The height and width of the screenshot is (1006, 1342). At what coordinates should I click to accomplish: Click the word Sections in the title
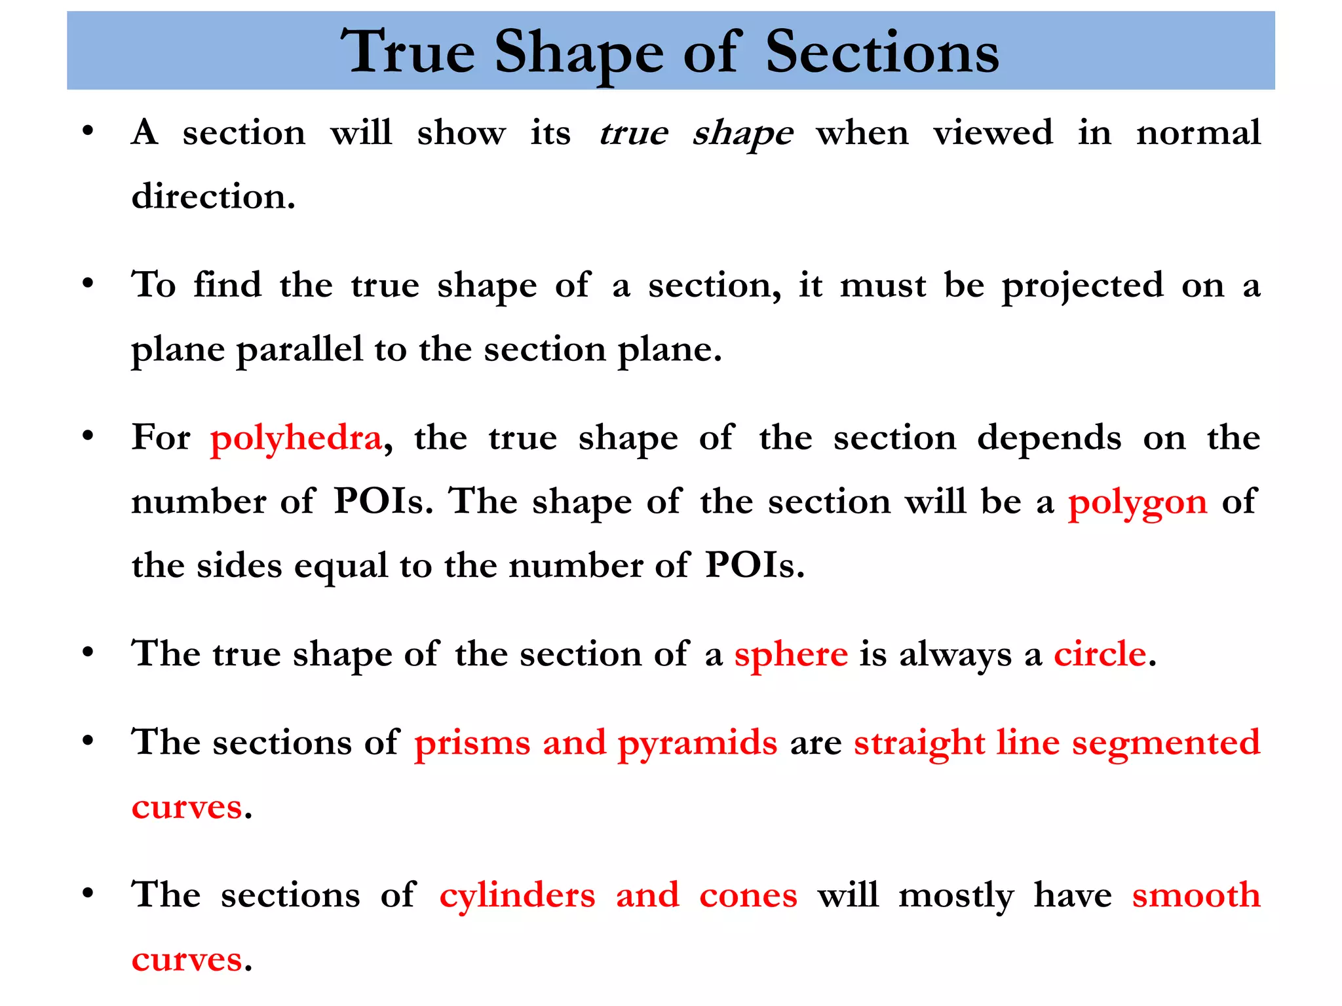882,52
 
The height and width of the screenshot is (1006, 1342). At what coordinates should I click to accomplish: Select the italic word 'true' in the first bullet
633,134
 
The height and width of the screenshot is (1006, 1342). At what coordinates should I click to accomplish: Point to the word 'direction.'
214,196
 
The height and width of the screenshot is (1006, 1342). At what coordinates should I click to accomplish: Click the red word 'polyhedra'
296,439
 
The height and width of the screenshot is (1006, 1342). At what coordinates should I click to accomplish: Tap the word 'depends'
1049,439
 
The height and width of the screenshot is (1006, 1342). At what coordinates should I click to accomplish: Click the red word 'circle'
1100,654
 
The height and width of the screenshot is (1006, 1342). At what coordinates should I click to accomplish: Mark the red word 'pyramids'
697,744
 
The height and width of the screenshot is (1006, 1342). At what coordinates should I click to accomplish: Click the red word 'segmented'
1166,744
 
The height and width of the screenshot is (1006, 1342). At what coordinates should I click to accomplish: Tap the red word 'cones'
748,896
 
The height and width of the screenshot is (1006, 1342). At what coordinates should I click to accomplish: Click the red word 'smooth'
1196,895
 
